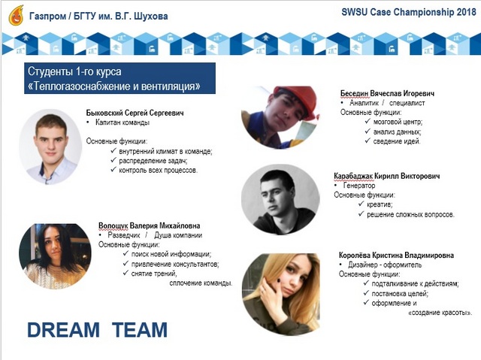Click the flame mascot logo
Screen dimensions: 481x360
pos(17,15)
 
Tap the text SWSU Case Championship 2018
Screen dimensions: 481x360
pos(409,12)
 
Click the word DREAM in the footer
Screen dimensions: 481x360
pos(63,330)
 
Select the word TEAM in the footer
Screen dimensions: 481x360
pos(140,330)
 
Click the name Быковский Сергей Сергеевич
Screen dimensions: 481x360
pos(135,113)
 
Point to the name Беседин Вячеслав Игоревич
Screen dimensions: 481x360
pos(388,93)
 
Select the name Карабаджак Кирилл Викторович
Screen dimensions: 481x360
pos(387,176)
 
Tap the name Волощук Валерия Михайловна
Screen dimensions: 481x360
pos(149,226)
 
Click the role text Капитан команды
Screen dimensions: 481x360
pos(123,123)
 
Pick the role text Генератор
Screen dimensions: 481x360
pos(359,186)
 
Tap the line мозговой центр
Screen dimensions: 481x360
pos(398,122)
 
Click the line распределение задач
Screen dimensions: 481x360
pos(153,161)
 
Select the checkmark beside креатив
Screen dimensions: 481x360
pos(361,204)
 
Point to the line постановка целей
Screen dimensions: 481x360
pos(400,293)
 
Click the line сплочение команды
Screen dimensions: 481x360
pos(201,283)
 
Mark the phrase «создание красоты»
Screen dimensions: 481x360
pos(440,313)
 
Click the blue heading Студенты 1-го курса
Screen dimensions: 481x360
pos(74,71)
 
